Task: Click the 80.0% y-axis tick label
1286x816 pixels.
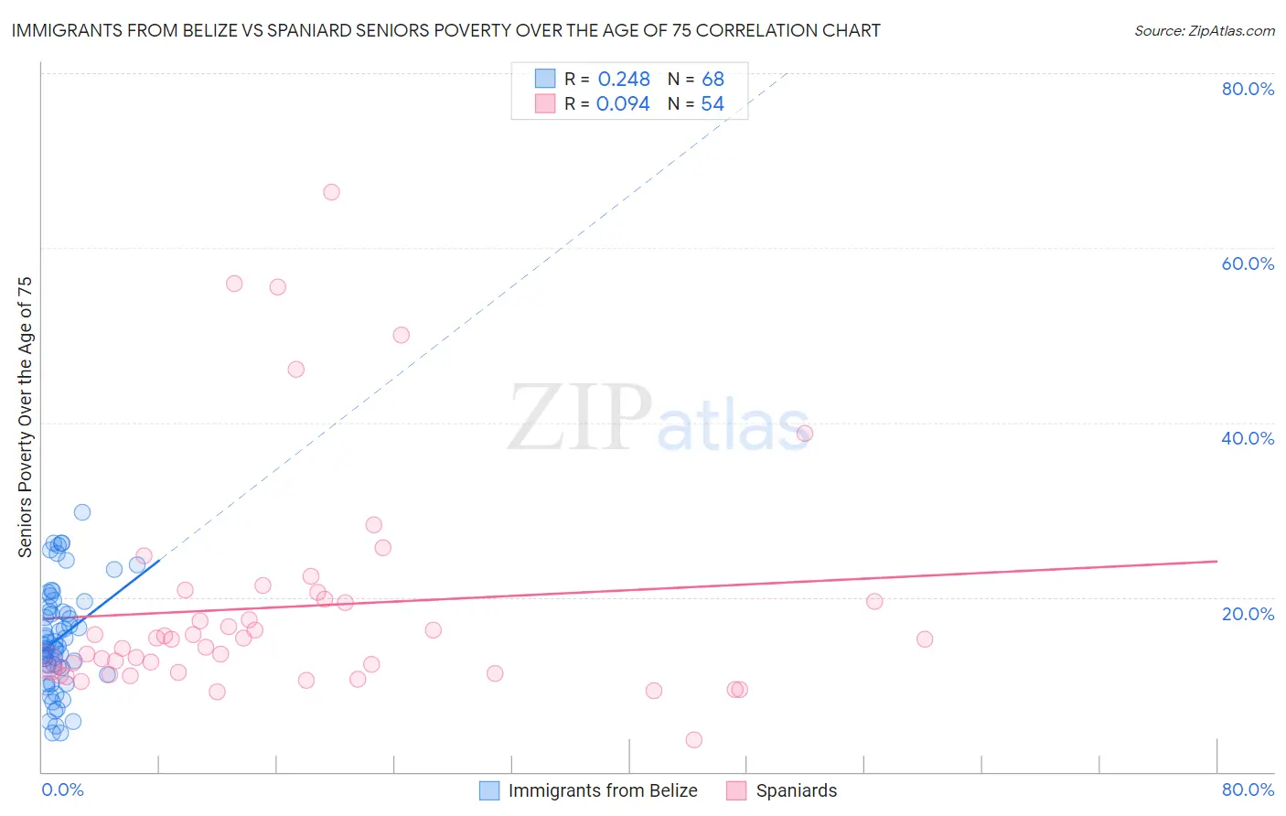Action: pyautogui.click(x=1248, y=89)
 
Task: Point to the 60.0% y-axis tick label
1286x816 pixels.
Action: pyautogui.click(x=1248, y=263)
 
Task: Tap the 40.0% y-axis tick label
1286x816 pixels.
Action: pyautogui.click(x=1248, y=438)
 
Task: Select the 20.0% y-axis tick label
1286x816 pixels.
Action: pyautogui.click(x=1248, y=614)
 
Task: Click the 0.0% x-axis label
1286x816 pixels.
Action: pyautogui.click(x=62, y=789)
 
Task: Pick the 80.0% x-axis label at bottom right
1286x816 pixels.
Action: pyautogui.click(x=1248, y=789)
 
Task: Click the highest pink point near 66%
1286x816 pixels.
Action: pyautogui.click(x=331, y=192)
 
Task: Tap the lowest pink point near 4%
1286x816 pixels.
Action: pyautogui.click(x=694, y=740)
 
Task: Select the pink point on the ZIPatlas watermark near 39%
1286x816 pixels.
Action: pyautogui.click(x=805, y=434)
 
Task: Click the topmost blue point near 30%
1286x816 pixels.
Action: pyautogui.click(x=82, y=512)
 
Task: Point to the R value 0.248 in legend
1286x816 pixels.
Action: pyautogui.click(x=624, y=80)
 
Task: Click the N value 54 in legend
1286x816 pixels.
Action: pyautogui.click(x=713, y=104)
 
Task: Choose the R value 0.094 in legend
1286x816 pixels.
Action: pyautogui.click(x=623, y=104)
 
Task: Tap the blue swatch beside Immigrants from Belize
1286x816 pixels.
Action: pyautogui.click(x=490, y=790)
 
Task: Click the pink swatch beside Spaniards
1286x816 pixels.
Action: pyautogui.click(x=737, y=790)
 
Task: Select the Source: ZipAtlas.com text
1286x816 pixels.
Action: pyautogui.click(x=1205, y=31)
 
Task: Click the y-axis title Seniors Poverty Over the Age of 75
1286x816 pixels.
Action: pyautogui.click(x=26, y=417)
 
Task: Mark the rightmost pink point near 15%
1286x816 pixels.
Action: pyautogui.click(x=925, y=639)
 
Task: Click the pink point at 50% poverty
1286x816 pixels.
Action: pyautogui.click(x=401, y=335)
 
